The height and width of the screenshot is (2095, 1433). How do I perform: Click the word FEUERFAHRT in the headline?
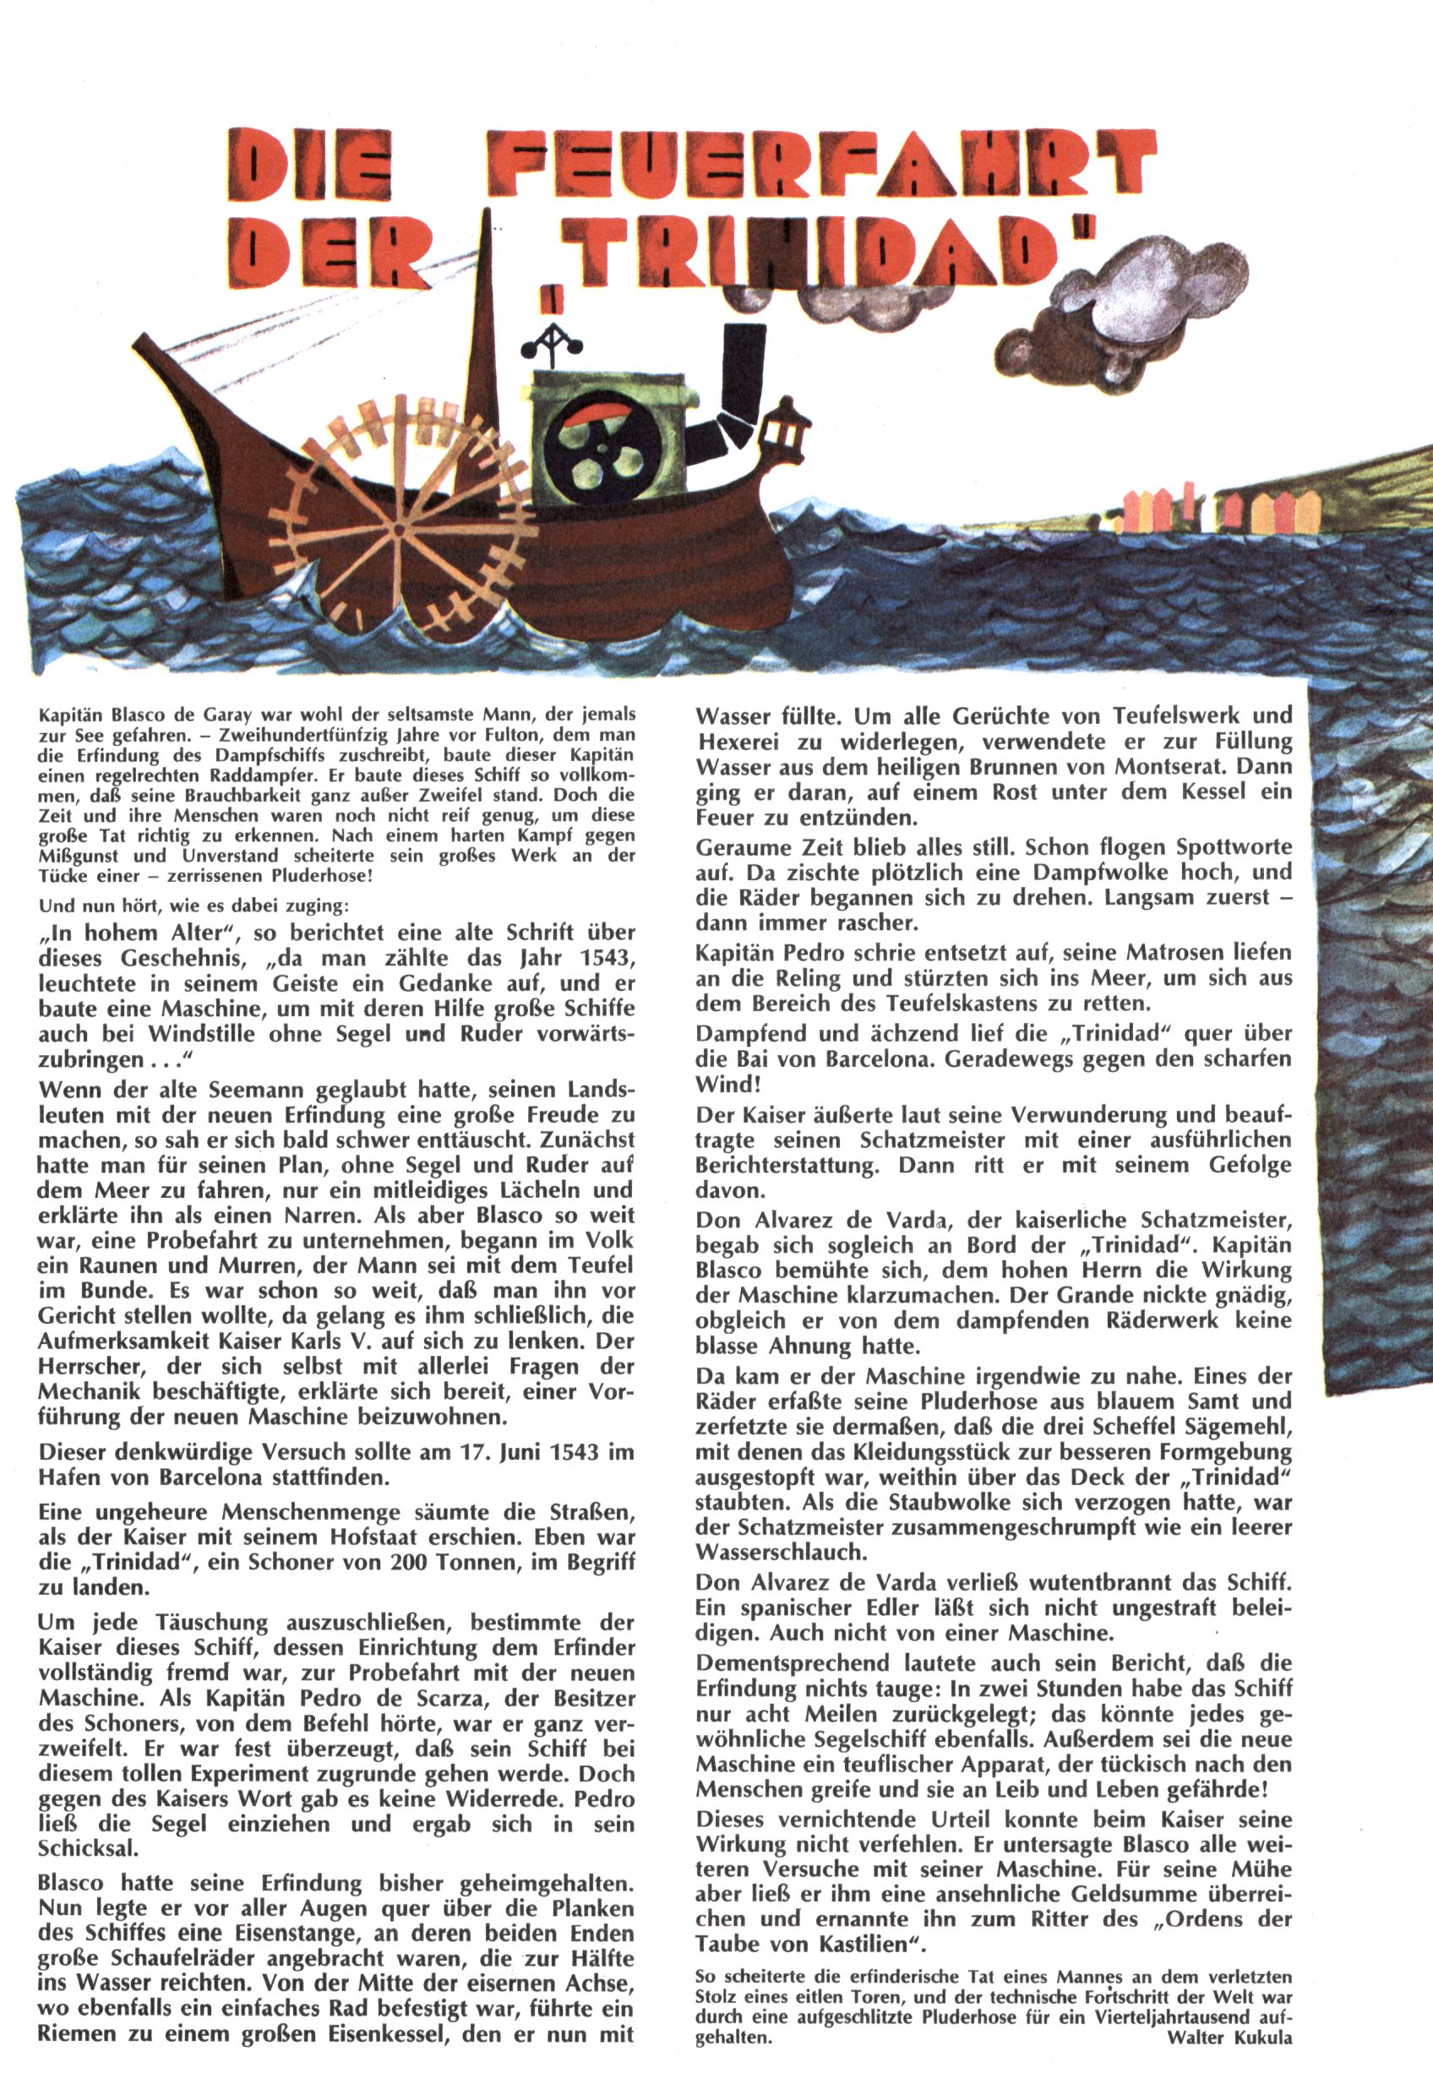(820, 164)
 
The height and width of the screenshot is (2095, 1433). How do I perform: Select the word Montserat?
(1180, 767)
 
